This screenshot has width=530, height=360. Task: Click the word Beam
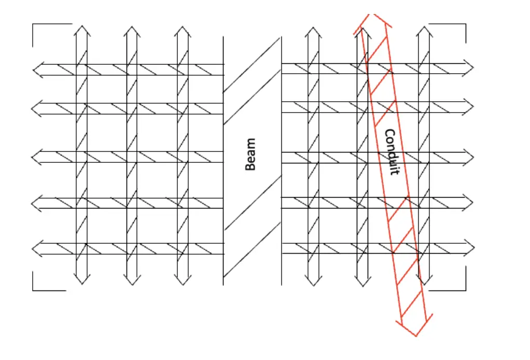coord(250,154)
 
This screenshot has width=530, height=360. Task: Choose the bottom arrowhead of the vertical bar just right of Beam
coord(313,280)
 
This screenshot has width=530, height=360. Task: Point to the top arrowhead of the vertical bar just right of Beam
coord(313,31)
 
